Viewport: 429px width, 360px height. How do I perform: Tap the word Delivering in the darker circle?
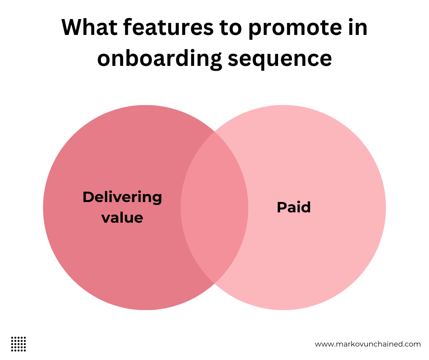tap(122, 197)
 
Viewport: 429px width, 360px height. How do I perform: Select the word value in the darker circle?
tap(122, 218)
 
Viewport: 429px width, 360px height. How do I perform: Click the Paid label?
tap(294, 207)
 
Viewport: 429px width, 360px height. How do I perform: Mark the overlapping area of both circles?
tap(214, 207)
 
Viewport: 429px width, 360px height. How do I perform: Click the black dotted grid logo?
tap(18, 344)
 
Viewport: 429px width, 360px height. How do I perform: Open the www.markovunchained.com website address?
tap(367, 344)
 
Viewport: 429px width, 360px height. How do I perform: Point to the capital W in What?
tap(72, 28)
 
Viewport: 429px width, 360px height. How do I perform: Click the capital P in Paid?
tap(281, 207)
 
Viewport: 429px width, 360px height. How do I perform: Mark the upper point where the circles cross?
tap(214, 132)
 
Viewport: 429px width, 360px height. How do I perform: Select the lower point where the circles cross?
tap(214, 283)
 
